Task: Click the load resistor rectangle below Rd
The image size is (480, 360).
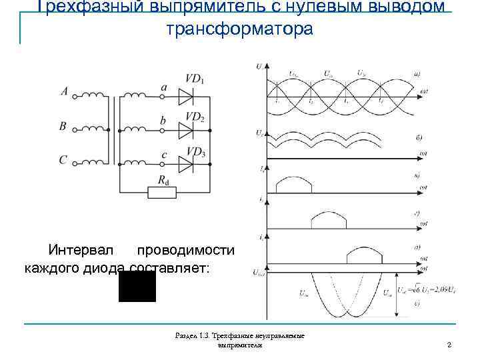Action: [x=162, y=193]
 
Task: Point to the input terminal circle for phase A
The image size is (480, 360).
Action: [x=75, y=97]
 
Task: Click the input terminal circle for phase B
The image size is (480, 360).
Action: [x=75, y=129]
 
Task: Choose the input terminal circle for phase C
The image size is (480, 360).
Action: [x=75, y=163]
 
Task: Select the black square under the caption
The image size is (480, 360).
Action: [x=137, y=286]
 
